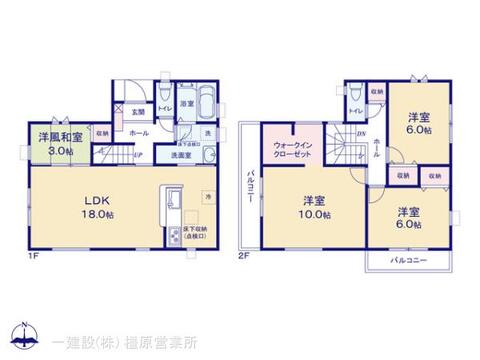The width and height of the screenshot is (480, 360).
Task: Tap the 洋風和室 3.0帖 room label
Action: [59, 140]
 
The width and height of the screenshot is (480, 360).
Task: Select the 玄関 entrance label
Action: [138, 112]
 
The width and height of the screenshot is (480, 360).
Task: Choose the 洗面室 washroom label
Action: [179, 156]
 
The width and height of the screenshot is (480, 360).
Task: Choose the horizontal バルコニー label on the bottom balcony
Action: [407, 258]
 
